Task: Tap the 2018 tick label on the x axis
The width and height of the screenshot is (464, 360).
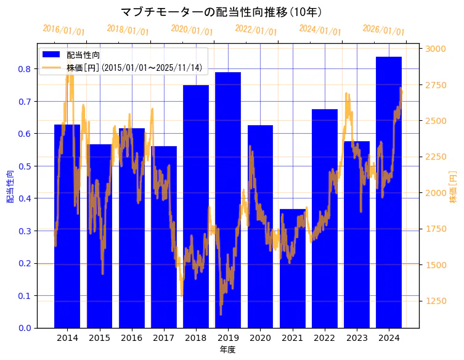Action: (196, 338)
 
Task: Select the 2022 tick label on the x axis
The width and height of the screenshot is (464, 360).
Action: (324, 338)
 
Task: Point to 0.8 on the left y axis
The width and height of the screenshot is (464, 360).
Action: (25, 68)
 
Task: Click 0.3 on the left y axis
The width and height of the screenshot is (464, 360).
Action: (25, 231)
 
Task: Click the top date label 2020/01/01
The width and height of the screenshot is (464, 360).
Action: (192, 30)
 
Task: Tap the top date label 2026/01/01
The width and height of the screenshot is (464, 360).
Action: (383, 30)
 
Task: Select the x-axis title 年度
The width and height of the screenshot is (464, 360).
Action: (227, 350)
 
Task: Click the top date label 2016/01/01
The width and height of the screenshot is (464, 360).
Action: (63, 30)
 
